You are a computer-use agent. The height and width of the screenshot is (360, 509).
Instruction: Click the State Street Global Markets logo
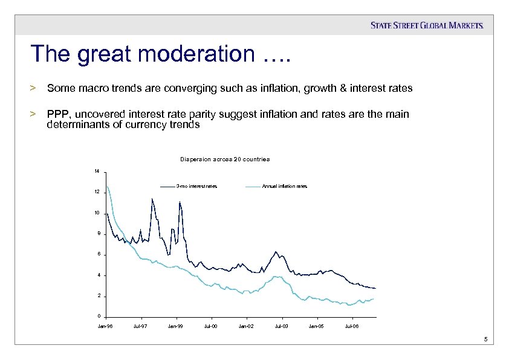[x=427, y=25]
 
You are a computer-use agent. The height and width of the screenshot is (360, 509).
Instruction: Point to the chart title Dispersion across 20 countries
[x=224, y=159]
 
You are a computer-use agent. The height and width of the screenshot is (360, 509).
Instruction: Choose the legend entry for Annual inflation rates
[x=284, y=186]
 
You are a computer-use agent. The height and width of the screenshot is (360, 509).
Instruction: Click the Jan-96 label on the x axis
[x=105, y=326]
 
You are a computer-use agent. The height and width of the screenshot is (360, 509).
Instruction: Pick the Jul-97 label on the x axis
[x=140, y=326]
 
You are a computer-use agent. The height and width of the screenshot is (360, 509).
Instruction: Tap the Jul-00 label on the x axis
[x=211, y=326]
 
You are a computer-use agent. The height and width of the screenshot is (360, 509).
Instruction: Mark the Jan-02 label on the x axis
[x=246, y=326]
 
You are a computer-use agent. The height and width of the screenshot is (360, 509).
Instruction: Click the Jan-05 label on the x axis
[x=316, y=326]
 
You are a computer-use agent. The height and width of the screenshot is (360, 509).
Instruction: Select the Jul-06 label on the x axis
[x=351, y=326]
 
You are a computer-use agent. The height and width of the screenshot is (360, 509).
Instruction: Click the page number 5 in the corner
[x=485, y=339]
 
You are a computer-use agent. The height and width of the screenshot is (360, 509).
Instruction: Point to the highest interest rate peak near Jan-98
[x=152, y=199]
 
